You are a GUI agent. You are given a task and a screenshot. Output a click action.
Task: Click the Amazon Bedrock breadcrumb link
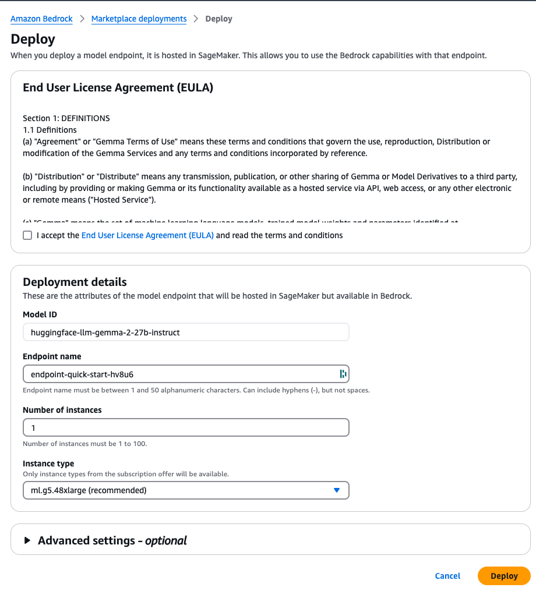(x=42, y=19)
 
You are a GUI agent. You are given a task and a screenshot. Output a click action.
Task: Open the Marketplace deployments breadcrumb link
(x=139, y=19)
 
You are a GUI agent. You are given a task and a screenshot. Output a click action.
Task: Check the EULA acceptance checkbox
(x=27, y=235)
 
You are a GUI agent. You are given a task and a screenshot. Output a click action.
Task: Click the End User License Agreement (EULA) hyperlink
(x=147, y=235)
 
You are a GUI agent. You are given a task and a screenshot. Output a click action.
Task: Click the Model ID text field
(x=185, y=332)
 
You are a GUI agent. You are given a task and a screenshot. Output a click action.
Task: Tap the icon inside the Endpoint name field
(x=343, y=374)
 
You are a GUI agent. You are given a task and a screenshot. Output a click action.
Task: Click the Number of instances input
(x=185, y=427)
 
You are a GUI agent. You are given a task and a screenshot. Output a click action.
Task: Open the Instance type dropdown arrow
(x=336, y=490)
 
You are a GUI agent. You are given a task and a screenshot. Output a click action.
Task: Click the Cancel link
(x=447, y=576)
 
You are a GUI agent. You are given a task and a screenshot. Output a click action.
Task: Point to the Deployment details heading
(x=75, y=282)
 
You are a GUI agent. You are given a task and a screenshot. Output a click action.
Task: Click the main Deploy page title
(x=33, y=39)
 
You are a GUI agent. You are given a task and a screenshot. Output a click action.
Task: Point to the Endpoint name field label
(x=52, y=356)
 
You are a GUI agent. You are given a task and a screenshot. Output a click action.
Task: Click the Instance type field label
(x=48, y=463)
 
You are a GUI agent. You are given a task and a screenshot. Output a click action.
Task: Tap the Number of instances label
(x=62, y=410)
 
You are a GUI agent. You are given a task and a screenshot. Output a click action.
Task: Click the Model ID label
(x=40, y=314)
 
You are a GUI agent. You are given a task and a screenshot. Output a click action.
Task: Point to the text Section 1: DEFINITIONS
(x=66, y=118)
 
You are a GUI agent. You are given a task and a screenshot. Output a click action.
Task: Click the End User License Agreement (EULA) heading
(x=118, y=88)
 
